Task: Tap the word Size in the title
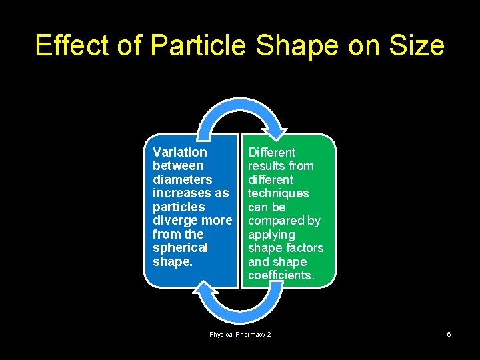click(417, 46)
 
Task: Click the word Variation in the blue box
click(179, 152)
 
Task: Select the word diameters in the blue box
click(182, 179)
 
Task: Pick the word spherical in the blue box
click(180, 248)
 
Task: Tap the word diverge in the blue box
click(175, 221)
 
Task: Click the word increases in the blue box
click(183, 193)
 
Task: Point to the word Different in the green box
click(271, 152)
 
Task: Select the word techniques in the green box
click(278, 193)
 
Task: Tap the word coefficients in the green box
click(280, 275)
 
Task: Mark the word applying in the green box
click(271, 235)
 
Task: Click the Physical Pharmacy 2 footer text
click(240, 334)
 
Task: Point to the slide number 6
click(449, 334)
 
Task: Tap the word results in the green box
click(265, 166)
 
